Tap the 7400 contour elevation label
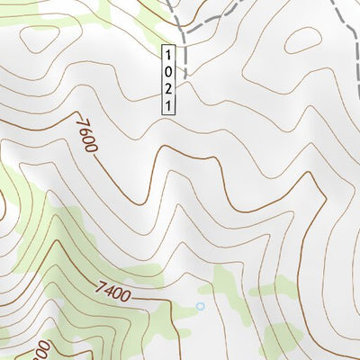coord(112,292)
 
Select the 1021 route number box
coord(168,79)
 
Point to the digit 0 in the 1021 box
coord(168,69)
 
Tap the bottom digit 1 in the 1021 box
coord(168,105)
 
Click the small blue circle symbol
coord(200,306)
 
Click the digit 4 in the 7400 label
coord(107,292)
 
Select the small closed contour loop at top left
coord(40,40)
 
